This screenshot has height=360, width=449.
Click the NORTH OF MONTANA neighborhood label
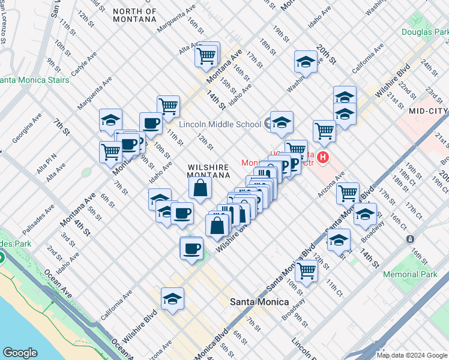(x=134, y=15)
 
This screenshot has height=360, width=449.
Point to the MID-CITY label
(x=428, y=111)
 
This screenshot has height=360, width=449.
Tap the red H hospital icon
(x=323, y=158)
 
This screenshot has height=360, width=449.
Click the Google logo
(x=20, y=353)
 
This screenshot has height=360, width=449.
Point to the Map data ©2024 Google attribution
(x=411, y=355)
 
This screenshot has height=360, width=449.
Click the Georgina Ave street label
(x=27, y=128)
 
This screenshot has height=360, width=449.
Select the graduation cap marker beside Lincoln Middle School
(x=282, y=122)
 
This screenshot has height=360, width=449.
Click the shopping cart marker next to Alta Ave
(x=206, y=55)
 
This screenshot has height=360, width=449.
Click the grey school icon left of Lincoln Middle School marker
(x=267, y=124)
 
